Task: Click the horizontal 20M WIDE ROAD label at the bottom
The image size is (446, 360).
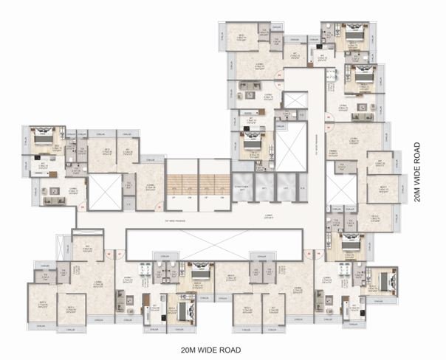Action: [211, 349]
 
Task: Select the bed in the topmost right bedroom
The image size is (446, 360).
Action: [352, 35]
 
